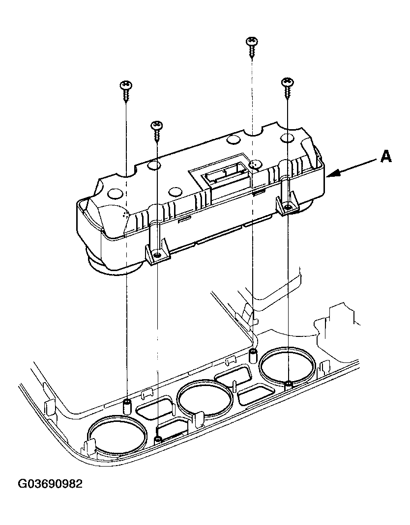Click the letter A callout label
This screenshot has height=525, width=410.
[x=386, y=156]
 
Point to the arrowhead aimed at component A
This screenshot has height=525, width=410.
[x=334, y=174]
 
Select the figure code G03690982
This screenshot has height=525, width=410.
[x=50, y=484]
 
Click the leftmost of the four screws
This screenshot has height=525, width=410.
[x=126, y=91]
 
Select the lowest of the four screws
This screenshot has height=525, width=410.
[x=157, y=130]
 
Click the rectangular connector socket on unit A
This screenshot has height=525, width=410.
[x=227, y=176]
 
